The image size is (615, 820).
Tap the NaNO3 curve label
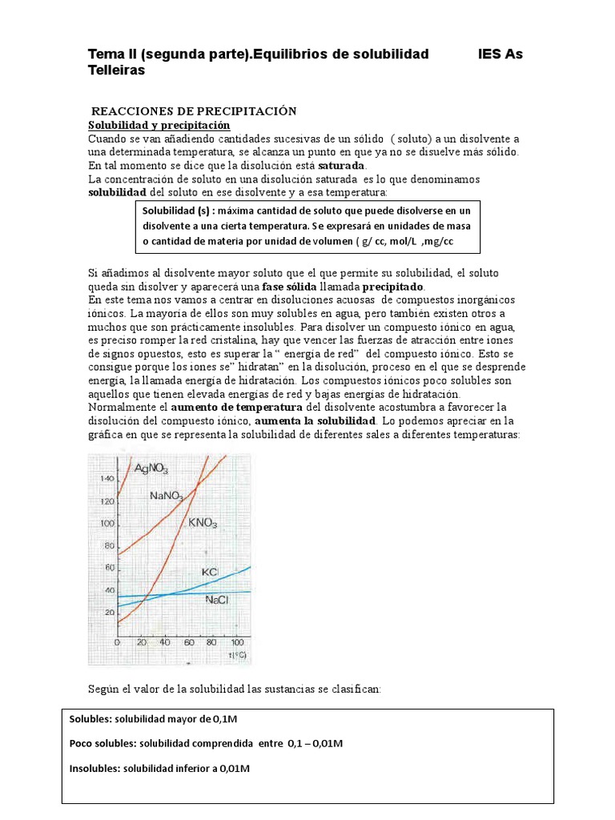pyautogui.click(x=167, y=496)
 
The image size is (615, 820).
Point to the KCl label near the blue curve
pyautogui.click(x=210, y=572)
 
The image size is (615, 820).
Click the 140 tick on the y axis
pyautogui.click(x=107, y=478)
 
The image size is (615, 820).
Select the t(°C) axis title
pyautogui.click(x=236, y=655)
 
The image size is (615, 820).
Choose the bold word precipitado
pyautogui.click(x=394, y=286)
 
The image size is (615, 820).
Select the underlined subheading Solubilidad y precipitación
pyautogui.click(x=159, y=126)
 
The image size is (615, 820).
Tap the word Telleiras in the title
pyautogui.click(x=116, y=70)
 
